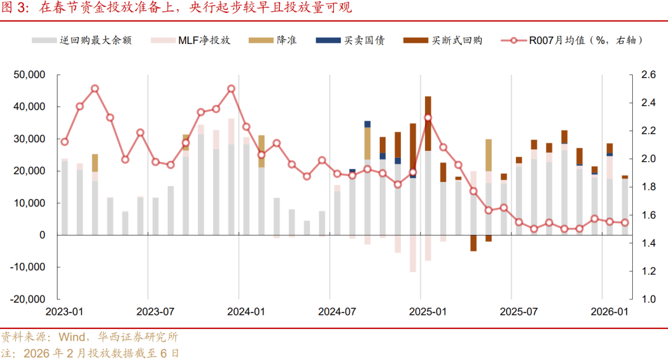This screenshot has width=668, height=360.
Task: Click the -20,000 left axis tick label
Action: pos(27,299)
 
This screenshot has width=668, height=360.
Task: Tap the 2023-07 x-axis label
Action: pos(155,312)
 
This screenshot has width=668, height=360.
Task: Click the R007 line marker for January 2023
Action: pos(64,142)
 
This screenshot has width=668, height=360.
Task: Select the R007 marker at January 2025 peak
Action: pos(428,118)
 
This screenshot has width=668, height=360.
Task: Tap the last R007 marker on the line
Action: pos(625,223)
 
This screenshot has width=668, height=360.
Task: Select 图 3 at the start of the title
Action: pos(15,9)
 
